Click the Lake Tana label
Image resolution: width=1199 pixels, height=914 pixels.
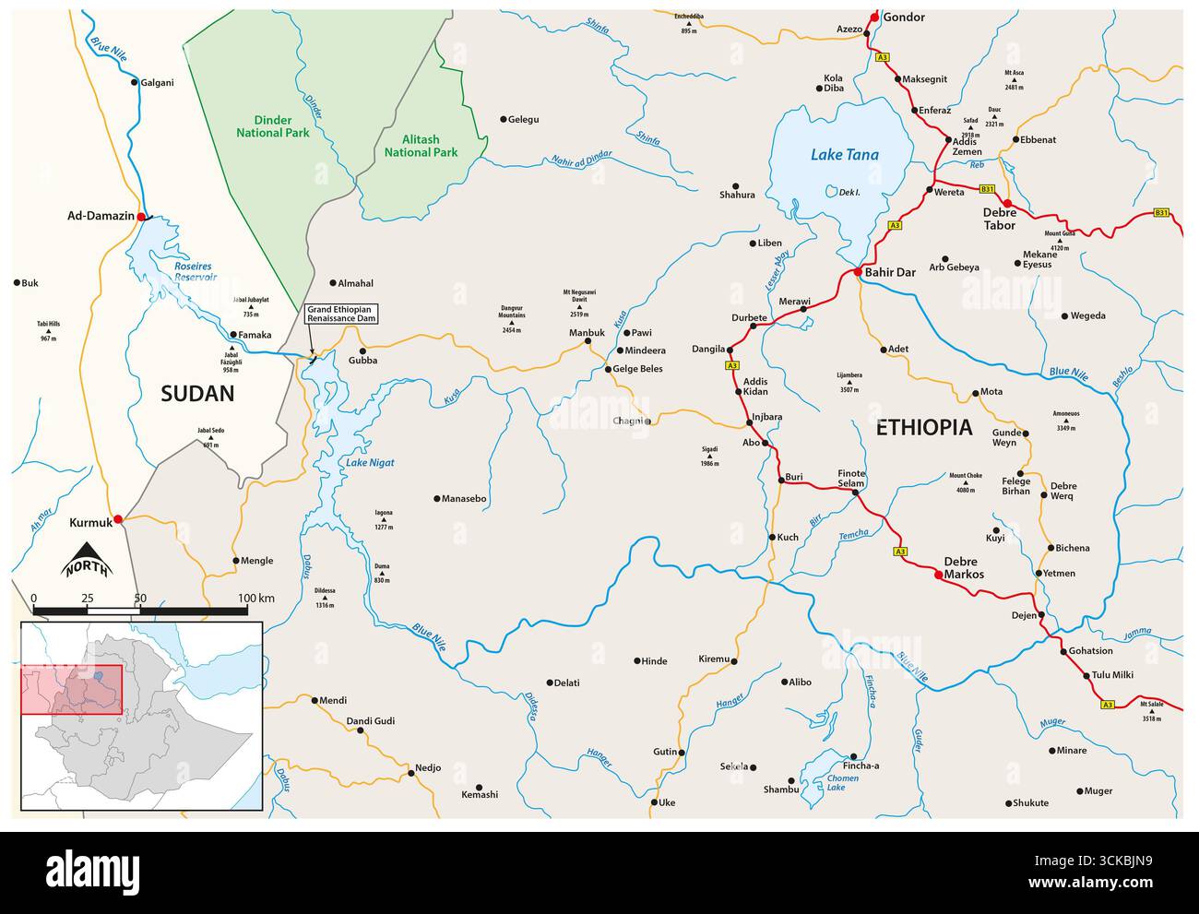pos(844,155)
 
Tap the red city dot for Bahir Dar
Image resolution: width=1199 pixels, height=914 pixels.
pos(857,272)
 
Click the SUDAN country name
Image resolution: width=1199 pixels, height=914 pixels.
pos(197,394)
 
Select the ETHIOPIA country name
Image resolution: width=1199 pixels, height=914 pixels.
pos(923,427)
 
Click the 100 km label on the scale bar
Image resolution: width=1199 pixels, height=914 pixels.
pos(255,599)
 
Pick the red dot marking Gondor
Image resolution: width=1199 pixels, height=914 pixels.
pos(873,17)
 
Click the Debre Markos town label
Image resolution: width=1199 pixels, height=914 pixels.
pos(964,567)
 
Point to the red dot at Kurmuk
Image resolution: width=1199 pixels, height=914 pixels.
pos(117,519)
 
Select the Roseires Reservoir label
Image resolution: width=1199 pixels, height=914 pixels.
pos(196,270)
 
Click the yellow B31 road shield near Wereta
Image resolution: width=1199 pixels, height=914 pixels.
pos(987,189)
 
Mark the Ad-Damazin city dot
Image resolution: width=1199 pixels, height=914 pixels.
pos(141,217)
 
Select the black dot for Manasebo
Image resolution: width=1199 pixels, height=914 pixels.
pos(437,499)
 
